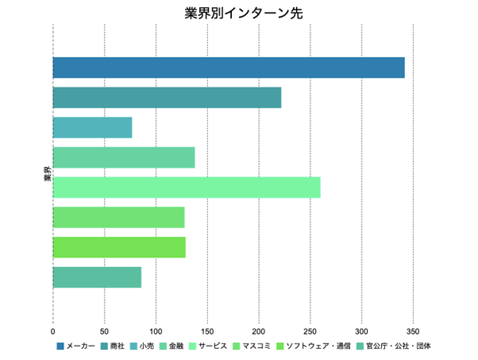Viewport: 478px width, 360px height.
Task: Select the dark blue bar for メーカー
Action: [x=229, y=68]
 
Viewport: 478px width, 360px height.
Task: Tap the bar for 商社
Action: [x=167, y=97]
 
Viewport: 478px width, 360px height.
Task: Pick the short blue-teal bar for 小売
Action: [x=92, y=127]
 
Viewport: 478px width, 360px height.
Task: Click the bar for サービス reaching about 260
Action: [x=187, y=188]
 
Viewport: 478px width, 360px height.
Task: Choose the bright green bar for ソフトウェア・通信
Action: [x=119, y=247]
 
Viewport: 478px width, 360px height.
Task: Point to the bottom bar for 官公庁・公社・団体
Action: [x=97, y=277]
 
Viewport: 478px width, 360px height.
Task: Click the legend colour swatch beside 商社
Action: [x=106, y=346]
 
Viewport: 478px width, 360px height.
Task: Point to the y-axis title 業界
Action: [x=47, y=173]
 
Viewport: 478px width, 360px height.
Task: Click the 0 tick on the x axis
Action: [x=53, y=330]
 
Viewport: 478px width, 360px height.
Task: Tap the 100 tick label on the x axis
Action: [x=156, y=330]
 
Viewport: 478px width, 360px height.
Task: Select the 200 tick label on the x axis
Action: [x=259, y=330]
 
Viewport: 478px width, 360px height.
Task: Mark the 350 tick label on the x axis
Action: [x=413, y=330]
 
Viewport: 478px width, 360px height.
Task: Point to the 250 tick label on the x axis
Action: [x=310, y=330]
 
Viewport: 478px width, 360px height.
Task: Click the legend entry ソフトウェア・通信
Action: [x=318, y=346]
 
